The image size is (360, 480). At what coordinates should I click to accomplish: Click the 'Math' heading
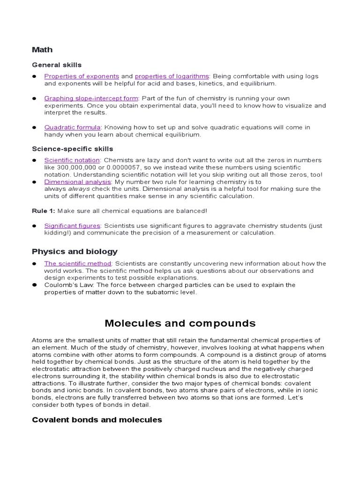tap(42, 50)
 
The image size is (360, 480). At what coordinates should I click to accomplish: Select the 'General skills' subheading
tap(57, 65)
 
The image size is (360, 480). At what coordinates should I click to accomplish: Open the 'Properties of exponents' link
tap(82, 76)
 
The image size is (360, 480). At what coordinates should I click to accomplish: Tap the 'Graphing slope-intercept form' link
tap(91, 98)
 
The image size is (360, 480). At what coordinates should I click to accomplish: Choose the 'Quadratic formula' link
tap(72, 127)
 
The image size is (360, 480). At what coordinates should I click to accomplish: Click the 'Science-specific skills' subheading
tap(72, 149)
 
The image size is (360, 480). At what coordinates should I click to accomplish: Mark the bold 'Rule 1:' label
tap(43, 211)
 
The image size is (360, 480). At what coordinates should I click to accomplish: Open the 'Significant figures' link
tap(72, 225)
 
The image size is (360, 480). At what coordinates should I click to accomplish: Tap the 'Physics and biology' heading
tap(75, 252)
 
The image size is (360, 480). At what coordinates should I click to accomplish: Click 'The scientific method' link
tap(78, 263)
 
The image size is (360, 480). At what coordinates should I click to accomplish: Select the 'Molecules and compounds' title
tap(180, 323)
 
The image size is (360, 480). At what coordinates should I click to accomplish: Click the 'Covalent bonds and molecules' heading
tap(97, 420)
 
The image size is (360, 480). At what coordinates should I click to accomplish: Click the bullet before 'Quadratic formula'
tap(35, 127)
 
